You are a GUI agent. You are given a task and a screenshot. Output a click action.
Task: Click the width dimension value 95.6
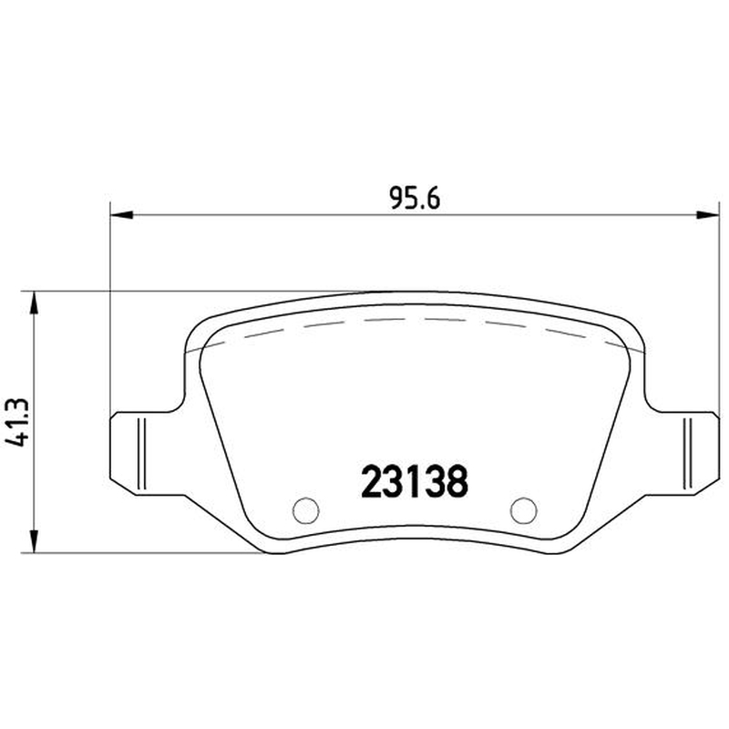415,199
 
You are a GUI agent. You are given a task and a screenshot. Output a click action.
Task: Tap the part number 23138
415,482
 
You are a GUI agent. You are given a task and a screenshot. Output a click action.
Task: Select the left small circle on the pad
306,510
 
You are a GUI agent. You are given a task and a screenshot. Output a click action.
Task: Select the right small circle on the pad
523,510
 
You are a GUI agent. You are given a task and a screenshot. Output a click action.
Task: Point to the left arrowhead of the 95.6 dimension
122,215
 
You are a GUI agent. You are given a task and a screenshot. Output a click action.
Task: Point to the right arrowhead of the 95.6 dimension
707,215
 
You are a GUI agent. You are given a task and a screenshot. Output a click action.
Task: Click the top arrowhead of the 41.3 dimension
34,303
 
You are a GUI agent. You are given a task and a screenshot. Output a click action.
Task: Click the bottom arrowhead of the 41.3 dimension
34,540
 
